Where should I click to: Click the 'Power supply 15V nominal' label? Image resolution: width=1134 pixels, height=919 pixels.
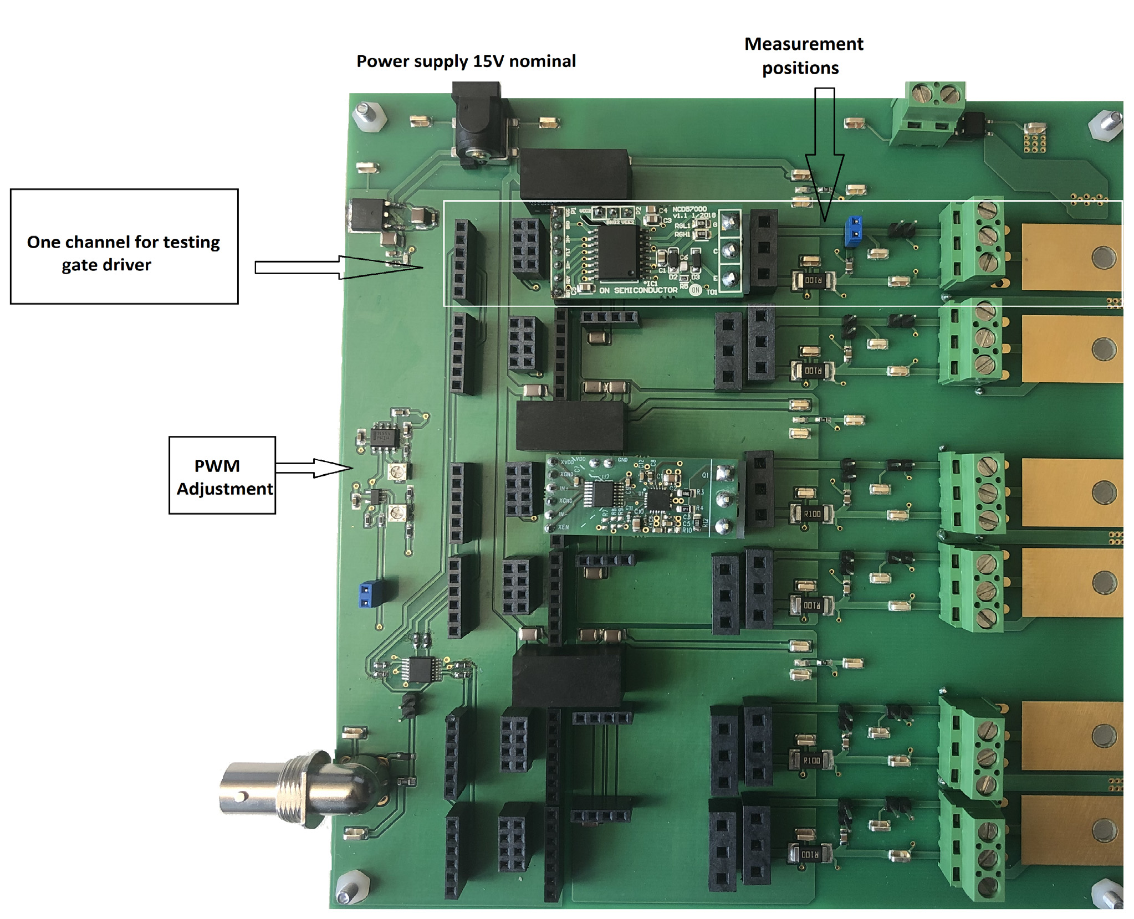click(466, 61)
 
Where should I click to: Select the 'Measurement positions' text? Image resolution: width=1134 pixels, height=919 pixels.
click(803, 55)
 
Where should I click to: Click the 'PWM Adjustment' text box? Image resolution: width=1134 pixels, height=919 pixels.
click(222, 476)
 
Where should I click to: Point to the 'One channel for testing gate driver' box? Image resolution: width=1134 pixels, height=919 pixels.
click(124, 247)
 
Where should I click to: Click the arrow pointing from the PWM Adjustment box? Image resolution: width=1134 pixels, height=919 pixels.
click(314, 468)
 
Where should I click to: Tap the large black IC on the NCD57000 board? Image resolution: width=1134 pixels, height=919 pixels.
click(617, 252)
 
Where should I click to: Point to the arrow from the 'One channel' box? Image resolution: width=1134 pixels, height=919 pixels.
click(338, 268)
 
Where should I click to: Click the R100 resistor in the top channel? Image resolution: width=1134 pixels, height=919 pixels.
click(813, 280)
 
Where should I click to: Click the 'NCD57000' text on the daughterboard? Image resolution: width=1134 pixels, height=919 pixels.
click(689, 209)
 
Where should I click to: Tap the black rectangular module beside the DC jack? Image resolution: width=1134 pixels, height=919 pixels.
click(575, 174)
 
